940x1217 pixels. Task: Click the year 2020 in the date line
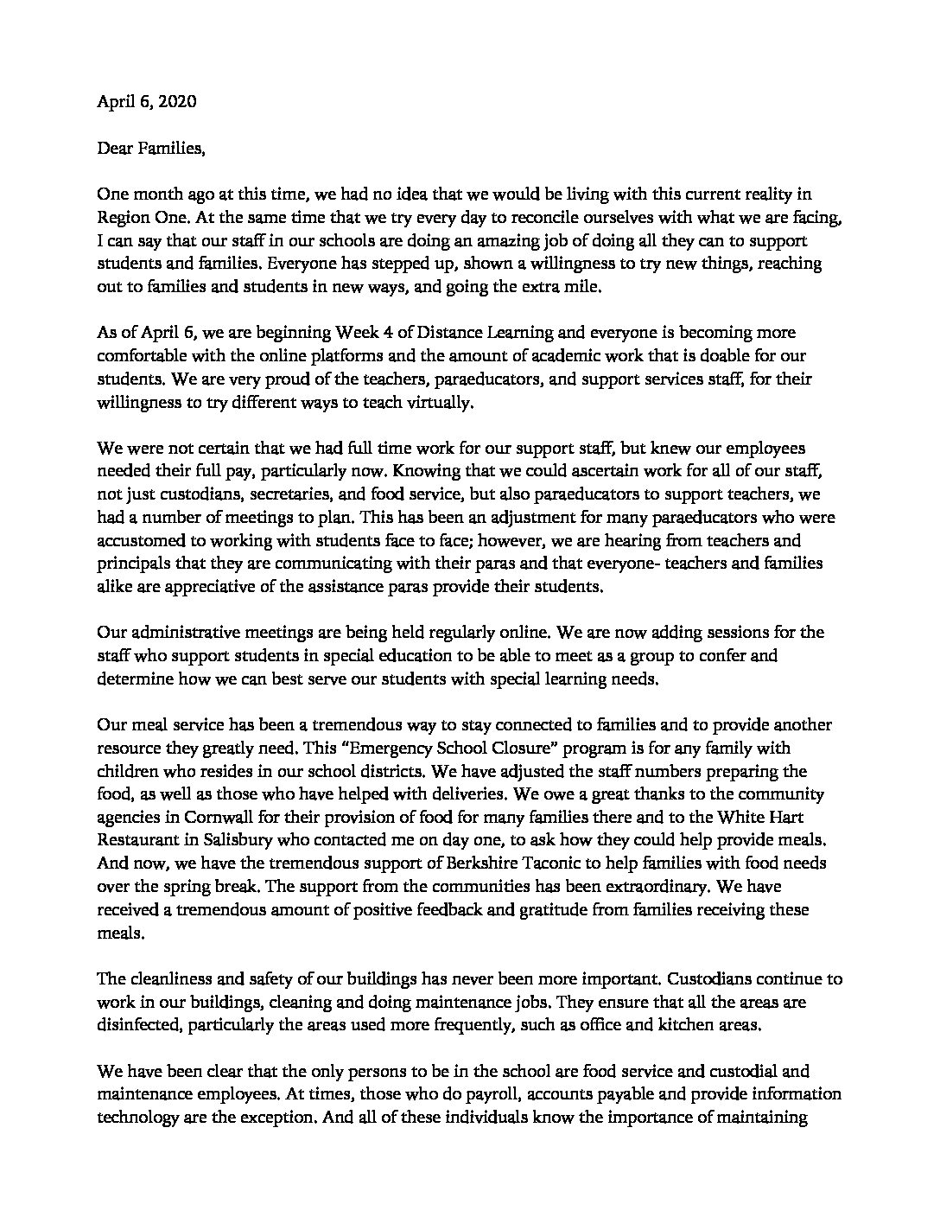pos(178,102)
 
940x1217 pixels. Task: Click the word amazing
pos(441,240)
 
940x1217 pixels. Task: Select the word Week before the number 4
pos(313,333)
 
